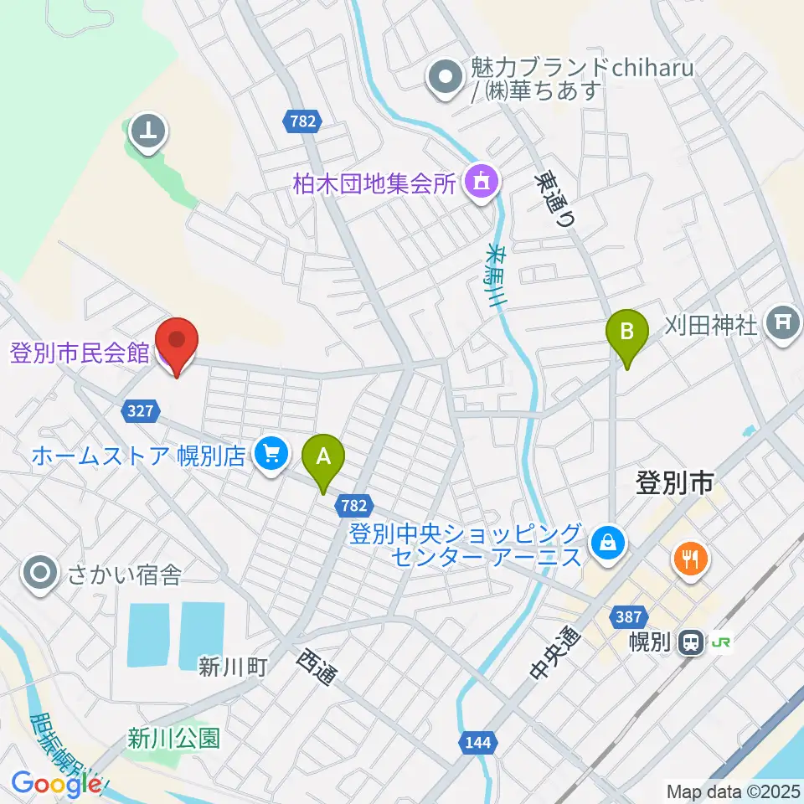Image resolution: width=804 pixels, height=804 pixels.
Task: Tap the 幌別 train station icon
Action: pos(691,642)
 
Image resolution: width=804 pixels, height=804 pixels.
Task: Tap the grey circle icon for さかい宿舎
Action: pos(40,575)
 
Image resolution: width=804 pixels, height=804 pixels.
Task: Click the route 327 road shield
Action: pos(140,410)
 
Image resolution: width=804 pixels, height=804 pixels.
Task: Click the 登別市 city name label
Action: pos(674,483)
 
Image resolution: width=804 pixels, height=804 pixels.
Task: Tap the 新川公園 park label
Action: pos(173,738)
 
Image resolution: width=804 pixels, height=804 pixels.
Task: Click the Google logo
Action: pos(54,784)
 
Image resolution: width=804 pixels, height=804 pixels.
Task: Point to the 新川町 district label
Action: pos(233,667)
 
